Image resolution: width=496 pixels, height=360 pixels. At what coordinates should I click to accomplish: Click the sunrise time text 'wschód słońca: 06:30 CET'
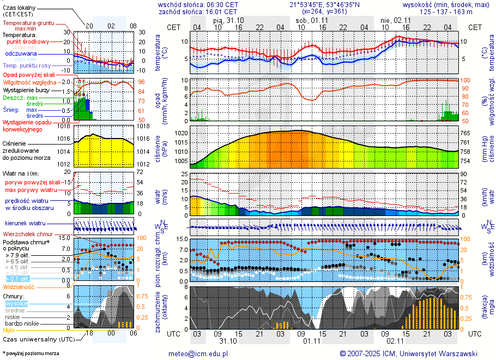tap(198, 4)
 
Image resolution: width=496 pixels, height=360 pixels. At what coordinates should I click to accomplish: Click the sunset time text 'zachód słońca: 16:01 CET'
tap(198, 11)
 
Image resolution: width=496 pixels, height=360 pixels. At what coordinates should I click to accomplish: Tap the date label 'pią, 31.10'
tap(228, 20)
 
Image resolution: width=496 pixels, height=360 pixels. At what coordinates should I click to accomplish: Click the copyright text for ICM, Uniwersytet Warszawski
tap(408, 353)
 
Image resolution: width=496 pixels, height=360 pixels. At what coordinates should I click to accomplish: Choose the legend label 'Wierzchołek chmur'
tap(27, 234)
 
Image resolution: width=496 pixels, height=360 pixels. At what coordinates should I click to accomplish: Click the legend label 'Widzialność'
tap(19, 286)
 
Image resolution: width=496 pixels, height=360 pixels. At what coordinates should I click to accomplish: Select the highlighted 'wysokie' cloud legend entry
tap(16, 303)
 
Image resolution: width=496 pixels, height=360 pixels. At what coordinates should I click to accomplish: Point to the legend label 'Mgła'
tap(9, 330)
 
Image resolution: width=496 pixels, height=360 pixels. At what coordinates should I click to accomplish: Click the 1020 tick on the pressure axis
tap(182, 133)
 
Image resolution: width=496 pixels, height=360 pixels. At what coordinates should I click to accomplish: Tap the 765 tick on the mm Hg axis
tap(464, 133)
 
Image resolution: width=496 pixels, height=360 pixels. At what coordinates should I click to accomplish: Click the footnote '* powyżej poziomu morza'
tap(31, 353)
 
